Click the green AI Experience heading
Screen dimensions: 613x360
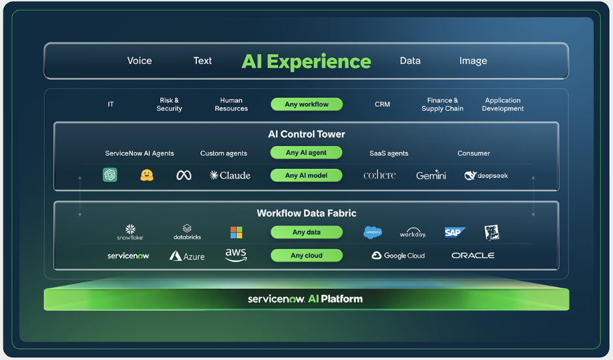(306, 61)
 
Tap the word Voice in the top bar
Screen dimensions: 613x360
(140, 61)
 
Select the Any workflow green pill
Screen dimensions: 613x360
(306, 104)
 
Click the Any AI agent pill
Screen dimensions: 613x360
(306, 153)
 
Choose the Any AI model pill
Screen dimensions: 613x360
(306, 175)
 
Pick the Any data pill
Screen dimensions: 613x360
(306, 232)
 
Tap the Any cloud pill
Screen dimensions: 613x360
(306, 255)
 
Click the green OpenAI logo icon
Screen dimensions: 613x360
(110, 175)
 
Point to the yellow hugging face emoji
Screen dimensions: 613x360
(147, 175)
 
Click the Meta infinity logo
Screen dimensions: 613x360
(184, 175)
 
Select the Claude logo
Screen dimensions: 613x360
(230, 175)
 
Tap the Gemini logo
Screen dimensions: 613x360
(431, 175)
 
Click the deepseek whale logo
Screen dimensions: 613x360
(486, 175)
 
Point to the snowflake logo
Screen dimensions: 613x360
(130, 232)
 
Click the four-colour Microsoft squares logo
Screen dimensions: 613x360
(236, 233)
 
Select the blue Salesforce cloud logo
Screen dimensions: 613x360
(372, 232)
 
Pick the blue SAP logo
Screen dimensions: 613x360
(455, 233)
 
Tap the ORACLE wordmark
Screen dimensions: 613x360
(473, 255)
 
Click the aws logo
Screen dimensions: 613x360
(235, 255)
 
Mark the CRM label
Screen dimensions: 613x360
(382, 104)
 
